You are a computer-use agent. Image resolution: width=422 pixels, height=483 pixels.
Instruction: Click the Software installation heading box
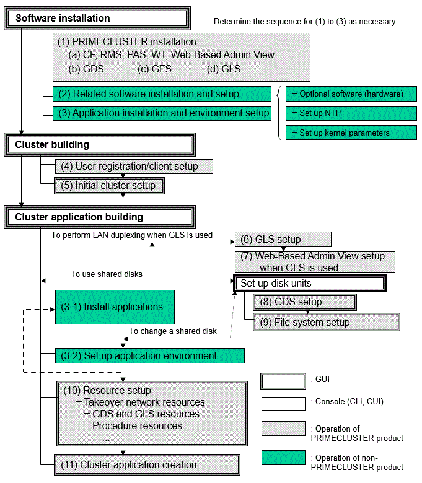tap(97, 18)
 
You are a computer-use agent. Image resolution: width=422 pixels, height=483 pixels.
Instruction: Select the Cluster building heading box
tap(100, 144)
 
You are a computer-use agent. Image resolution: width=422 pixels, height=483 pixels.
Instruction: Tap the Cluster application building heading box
tap(100, 217)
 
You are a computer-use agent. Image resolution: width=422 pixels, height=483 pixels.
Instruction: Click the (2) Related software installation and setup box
tap(162, 94)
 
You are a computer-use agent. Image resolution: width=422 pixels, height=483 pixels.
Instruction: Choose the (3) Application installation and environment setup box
tap(162, 113)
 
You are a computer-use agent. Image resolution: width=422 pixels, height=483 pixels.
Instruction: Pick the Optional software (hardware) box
tap(351, 94)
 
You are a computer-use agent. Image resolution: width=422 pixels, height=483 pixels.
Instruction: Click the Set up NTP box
tap(351, 113)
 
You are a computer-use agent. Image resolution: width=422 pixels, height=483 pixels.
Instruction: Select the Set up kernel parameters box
tap(351, 133)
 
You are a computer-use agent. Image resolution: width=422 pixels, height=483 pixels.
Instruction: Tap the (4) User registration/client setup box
tap(134, 167)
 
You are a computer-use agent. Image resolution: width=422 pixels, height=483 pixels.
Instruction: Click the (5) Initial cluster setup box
tap(109, 185)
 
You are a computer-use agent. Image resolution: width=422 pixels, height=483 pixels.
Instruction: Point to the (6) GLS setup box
tap(283, 240)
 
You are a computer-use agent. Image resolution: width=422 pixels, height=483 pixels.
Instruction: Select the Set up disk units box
tap(309, 284)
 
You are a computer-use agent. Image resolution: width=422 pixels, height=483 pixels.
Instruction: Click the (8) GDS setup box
tap(304, 302)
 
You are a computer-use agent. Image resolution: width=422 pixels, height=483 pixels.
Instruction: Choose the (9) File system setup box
tap(326, 322)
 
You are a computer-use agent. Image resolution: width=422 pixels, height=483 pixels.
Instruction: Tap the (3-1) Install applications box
tap(115, 307)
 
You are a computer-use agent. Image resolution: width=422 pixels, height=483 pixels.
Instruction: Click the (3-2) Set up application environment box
tap(150, 356)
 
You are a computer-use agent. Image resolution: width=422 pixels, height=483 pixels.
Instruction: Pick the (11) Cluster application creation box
tap(147, 464)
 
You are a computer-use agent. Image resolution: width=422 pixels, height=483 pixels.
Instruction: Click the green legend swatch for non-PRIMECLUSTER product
tap(283, 458)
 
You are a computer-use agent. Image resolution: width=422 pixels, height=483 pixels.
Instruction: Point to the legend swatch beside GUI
tap(283, 381)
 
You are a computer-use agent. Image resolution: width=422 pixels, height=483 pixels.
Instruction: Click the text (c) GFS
tap(154, 69)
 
